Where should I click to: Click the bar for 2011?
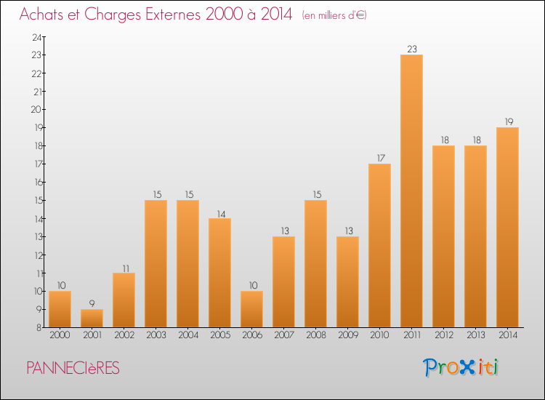point(411,191)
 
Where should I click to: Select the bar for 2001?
point(92,318)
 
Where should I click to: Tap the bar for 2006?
point(251,309)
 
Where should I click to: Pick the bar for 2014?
point(507,227)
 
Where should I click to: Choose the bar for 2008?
point(315,263)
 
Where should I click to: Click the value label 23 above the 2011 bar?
point(411,49)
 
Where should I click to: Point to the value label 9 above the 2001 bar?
point(92,303)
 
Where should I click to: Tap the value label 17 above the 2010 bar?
point(379,158)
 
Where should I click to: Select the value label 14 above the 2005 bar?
point(219,213)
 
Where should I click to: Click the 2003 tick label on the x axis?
point(156,335)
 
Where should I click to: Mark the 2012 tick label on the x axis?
point(443,335)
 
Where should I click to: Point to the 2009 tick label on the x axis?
point(347,335)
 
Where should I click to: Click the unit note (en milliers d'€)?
point(334,15)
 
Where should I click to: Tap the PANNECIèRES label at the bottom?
point(73,368)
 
